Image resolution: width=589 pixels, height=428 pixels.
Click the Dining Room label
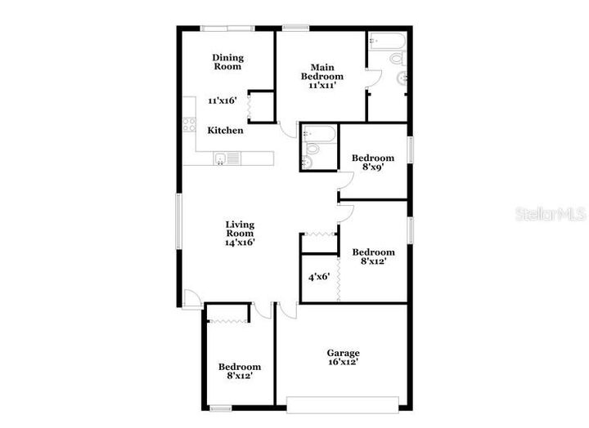point(228,61)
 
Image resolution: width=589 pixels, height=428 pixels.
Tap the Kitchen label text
point(225,130)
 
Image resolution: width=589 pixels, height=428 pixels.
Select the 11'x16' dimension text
point(222,100)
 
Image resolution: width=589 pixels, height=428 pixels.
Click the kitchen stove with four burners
point(190,125)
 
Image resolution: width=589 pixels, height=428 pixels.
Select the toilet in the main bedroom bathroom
point(397,58)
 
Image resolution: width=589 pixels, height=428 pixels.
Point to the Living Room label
point(240,229)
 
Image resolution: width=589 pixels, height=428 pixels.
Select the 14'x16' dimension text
point(240,242)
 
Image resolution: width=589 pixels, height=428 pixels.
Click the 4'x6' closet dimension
point(318,277)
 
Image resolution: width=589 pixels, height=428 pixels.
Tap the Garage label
point(343,353)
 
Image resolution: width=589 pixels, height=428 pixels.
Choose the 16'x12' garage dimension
point(343,362)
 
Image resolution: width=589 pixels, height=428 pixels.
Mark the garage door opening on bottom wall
point(342,401)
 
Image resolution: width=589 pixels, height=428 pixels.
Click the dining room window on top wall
point(227,29)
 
